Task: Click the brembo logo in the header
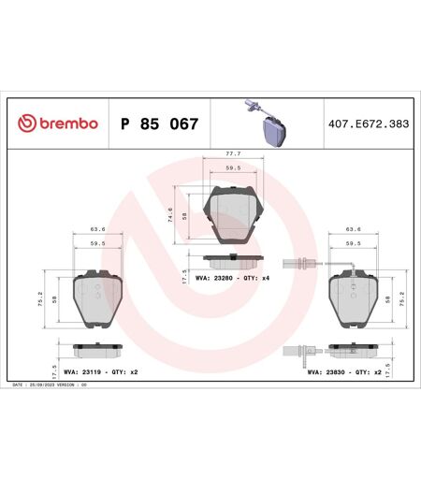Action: (58, 123)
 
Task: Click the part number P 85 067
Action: (159, 123)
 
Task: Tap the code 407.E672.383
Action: (369, 123)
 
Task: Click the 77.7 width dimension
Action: (233, 153)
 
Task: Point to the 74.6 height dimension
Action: (170, 215)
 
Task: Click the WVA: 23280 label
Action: (213, 278)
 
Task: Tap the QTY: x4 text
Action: (256, 278)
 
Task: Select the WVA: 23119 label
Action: (82, 372)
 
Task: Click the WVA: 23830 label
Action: (327, 372)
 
